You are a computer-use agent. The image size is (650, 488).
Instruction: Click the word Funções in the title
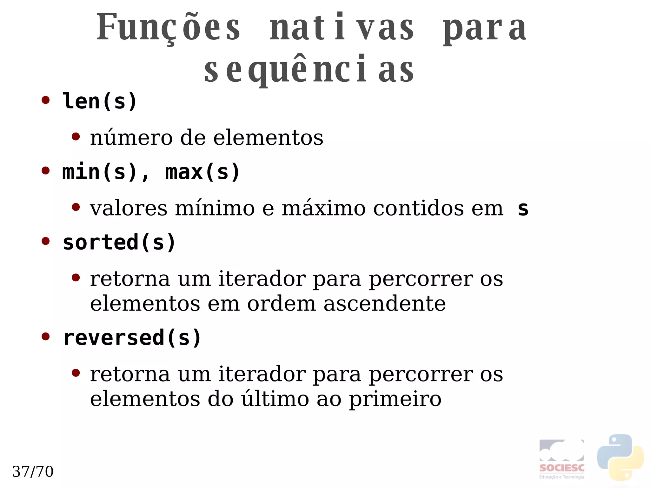168,28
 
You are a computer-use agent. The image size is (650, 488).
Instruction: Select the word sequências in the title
309,70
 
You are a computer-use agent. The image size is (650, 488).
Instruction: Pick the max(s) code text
202,172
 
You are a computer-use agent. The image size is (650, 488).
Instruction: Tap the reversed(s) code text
132,338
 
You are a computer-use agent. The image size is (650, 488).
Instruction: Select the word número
131,138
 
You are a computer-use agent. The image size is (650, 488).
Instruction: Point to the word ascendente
384,304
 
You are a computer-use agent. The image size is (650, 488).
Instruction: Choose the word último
275,399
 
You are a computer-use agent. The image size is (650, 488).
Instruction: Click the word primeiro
395,399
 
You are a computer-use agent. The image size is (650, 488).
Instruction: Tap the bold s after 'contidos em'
523,209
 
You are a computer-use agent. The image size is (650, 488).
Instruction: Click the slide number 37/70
33,471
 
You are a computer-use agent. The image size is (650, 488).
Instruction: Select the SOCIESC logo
561,459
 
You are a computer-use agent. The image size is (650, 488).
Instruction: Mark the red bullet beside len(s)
46,100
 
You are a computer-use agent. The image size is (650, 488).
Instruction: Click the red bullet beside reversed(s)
46,336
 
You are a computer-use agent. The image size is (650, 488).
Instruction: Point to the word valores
129,209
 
